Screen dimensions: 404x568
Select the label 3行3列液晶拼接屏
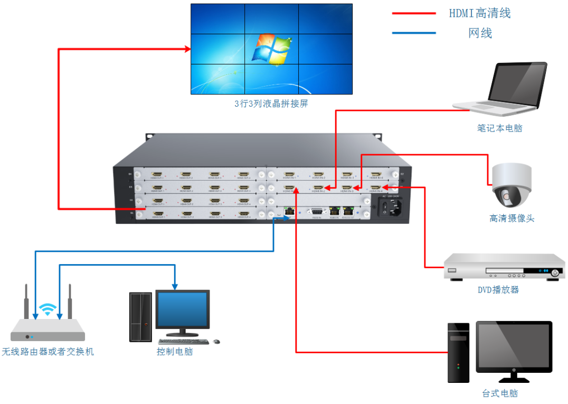coord(271,104)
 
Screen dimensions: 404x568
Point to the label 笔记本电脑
coord(499,128)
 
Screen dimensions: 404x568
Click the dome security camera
coord(511,185)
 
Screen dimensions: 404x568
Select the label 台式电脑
coord(499,393)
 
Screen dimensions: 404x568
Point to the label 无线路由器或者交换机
coord(48,352)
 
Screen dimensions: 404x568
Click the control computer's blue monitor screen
coord(183,309)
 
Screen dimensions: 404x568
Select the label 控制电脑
coord(175,352)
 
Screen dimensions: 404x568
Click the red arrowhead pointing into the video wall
coord(187,49)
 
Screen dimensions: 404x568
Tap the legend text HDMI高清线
coord(480,13)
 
